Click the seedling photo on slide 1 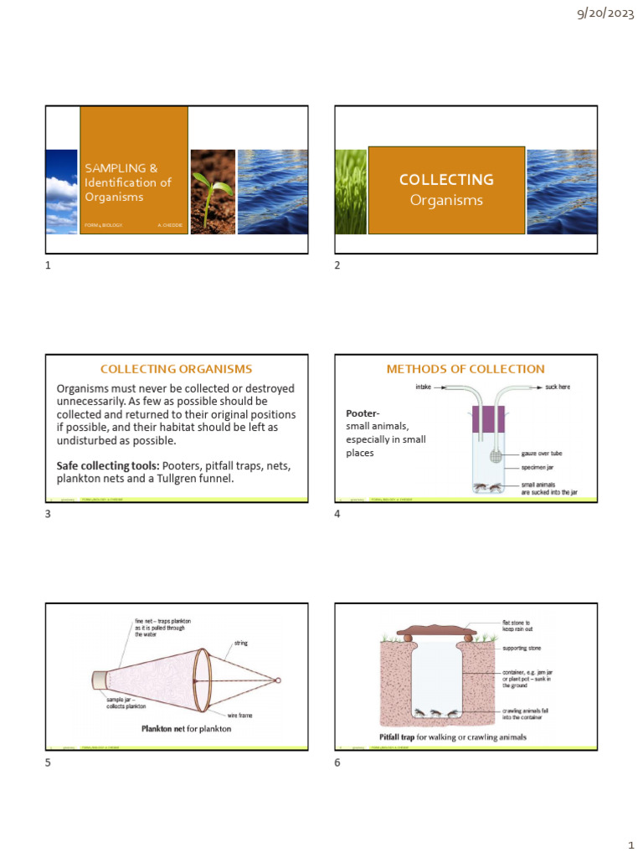213,191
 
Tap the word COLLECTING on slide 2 446,179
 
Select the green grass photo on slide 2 351,191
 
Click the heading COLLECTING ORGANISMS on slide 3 176,368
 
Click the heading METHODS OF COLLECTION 465,368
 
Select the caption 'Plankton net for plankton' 186,728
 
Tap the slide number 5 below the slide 48,762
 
